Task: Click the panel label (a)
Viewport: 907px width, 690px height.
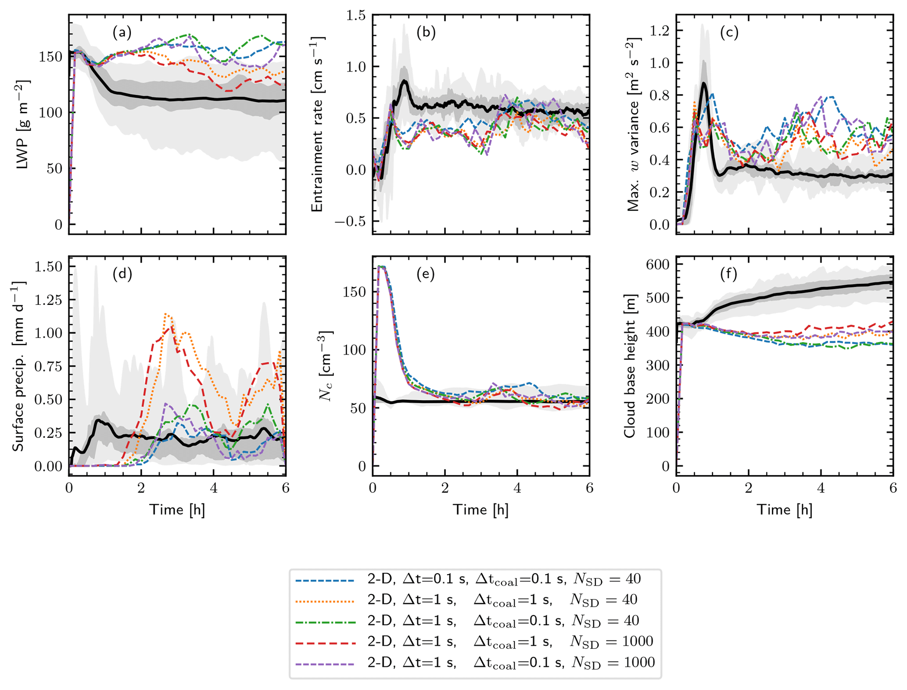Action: (x=122, y=32)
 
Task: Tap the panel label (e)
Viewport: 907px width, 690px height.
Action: (x=426, y=274)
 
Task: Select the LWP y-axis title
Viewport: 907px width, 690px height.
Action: (x=23, y=125)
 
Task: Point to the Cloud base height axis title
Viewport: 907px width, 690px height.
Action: (x=630, y=366)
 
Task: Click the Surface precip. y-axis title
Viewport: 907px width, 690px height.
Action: (x=18, y=366)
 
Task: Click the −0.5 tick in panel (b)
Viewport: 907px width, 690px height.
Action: (x=350, y=222)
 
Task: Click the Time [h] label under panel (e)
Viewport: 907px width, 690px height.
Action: (x=481, y=510)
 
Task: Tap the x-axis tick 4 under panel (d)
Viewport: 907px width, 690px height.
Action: (x=214, y=488)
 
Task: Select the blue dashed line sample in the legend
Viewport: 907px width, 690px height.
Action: (x=325, y=580)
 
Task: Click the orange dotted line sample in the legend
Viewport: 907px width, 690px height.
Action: (x=325, y=601)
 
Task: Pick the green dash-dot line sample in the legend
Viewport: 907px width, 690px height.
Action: (x=325, y=622)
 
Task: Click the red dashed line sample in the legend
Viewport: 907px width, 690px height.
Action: (x=325, y=643)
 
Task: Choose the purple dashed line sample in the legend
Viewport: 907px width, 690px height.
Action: (x=325, y=663)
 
